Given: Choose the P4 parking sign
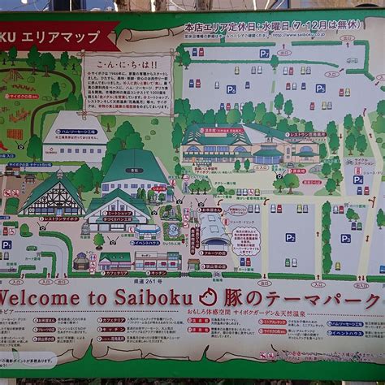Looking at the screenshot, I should coord(358,180).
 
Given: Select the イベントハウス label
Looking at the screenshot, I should coord(146,242).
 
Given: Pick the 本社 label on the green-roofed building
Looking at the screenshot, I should coord(134,171).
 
